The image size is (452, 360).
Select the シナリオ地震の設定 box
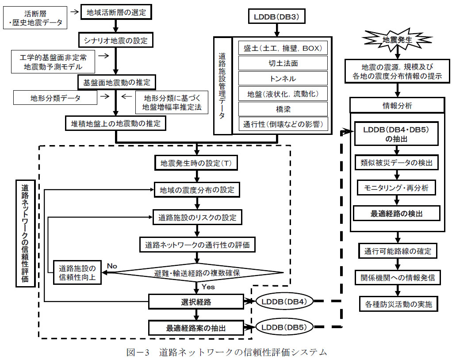(115, 41)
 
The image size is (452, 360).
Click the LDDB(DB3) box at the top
(276, 17)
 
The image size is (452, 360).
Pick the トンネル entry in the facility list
(283, 78)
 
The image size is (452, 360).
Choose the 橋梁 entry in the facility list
(283, 108)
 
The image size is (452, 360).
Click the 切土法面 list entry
(283, 63)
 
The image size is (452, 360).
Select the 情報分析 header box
(397, 106)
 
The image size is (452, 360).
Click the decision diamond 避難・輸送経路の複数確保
(197, 273)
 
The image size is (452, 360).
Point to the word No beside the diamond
(112, 266)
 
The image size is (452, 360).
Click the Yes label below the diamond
(208, 287)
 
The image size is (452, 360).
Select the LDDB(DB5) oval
(285, 328)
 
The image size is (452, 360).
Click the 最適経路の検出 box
(397, 213)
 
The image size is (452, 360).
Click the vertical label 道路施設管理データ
(222, 86)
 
